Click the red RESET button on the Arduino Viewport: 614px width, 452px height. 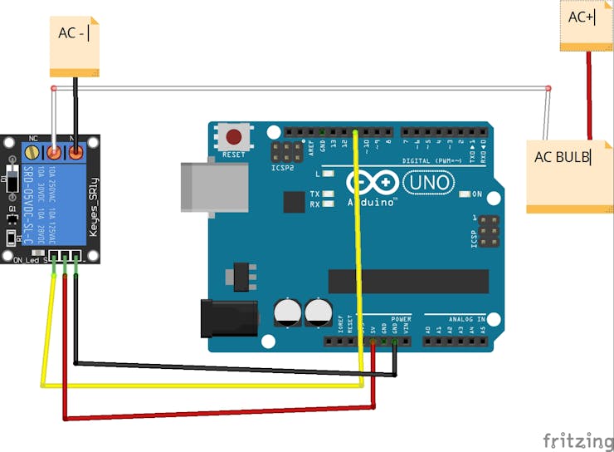click(x=234, y=136)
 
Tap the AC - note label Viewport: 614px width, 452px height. click(x=73, y=33)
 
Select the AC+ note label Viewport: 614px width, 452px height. click(x=582, y=17)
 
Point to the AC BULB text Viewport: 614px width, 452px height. click(x=562, y=156)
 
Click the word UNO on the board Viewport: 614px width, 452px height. click(x=428, y=182)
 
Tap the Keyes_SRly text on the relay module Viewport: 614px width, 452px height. click(x=93, y=207)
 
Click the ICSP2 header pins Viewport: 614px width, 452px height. click(x=287, y=153)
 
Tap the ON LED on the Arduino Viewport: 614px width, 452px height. click(x=464, y=194)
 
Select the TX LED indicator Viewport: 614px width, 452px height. click(x=329, y=194)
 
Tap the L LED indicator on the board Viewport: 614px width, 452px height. click(x=329, y=174)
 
